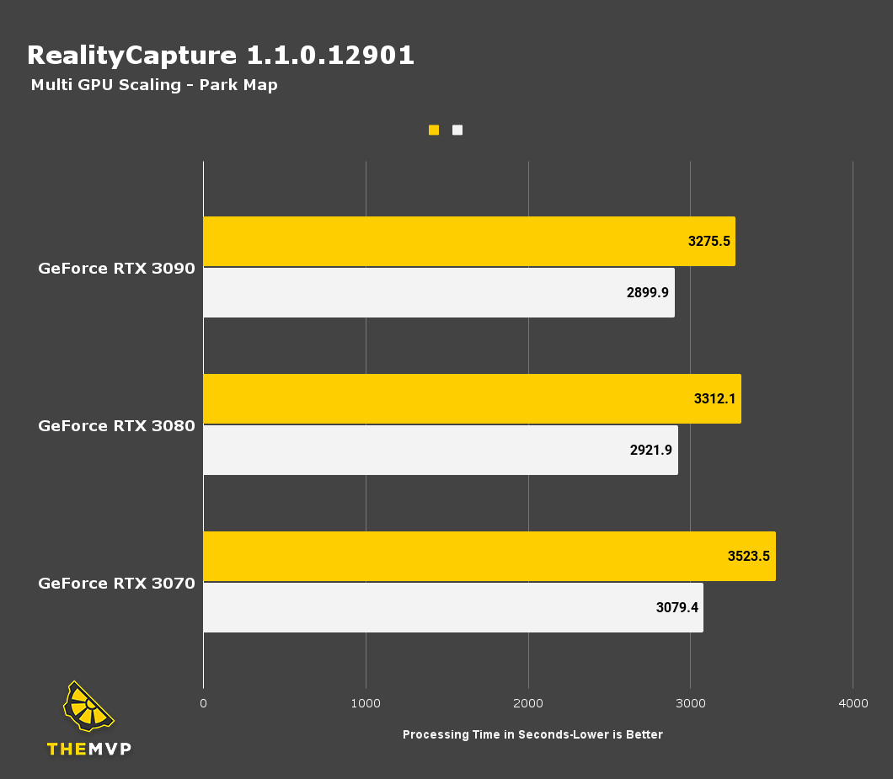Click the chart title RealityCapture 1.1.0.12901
click(x=221, y=56)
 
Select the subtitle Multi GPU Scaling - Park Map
click(x=154, y=85)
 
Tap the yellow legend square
click(x=434, y=130)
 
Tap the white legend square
click(x=457, y=130)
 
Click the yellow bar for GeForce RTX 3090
click(x=468, y=241)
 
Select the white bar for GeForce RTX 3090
click(x=438, y=292)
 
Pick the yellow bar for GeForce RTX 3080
click(x=472, y=398)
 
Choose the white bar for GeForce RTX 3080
click(x=440, y=450)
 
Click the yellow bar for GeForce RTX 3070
click(x=489, y=556)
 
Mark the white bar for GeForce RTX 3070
click(x=452, y=607)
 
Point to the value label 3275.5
click(x=709, y=241)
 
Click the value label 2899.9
click(x=648, y=292)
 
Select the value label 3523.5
click(x=749, y=556)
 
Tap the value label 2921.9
click(x=651, y=450)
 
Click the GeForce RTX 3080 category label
click(x=116, y=426)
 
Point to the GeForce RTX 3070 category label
click(x=116, y=583)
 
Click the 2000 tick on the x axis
click(x=527, y=703)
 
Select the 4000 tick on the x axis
click(x=853, y=703)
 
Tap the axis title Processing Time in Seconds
click(x=532, y=734)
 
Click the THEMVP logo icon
click(x=88, y=707)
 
